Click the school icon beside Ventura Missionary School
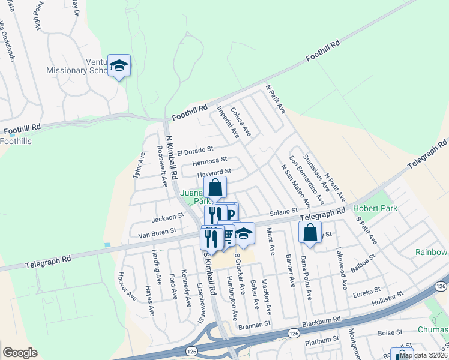click(x=119, y=65)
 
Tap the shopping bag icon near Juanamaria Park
click(x=215, y=187)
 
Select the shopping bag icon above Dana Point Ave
click(x=310, y=232)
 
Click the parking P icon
click(x=229, y=214)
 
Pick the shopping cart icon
click(x=227, y=235)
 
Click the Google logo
click(x=20, y=352)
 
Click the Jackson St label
click(x=167, y=217)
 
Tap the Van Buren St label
click(x=158, y=230)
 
